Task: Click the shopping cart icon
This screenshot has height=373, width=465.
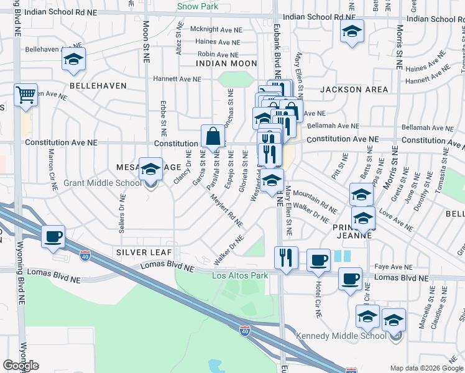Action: tap(26, 95)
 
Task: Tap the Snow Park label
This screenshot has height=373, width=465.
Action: tap(198, 6)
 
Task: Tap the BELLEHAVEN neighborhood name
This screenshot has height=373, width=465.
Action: tap(98, 86)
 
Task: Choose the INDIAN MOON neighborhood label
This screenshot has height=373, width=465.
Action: tap(226, 63)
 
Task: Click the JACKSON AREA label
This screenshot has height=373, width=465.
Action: tap(354, 90)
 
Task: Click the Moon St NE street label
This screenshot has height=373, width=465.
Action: tap(147, 42)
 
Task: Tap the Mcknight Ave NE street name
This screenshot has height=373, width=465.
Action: tap(214, 29)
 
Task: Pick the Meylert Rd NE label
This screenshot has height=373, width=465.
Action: tap(226, 211)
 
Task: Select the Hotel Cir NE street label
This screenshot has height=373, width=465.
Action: tap(318, 301)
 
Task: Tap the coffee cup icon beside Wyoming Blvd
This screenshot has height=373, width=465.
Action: tap(53, 236)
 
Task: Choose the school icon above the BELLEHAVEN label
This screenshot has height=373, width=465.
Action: tap(73, 60)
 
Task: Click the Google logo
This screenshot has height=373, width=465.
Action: tap(21, 366)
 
